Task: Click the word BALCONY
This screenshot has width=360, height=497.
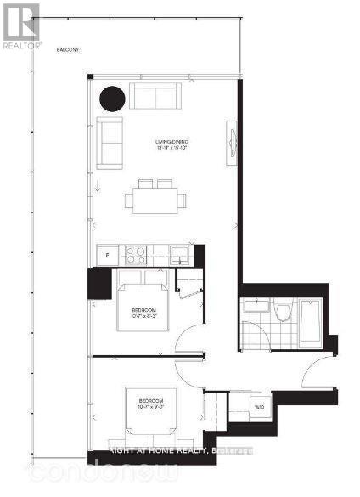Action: pos(69,50)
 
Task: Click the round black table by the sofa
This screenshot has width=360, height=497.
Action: pos(111,99)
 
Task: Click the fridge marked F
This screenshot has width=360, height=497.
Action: pos(106,254)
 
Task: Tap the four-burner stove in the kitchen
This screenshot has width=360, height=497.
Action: pos(135,253)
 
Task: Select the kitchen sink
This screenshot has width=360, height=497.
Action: pos(178,252)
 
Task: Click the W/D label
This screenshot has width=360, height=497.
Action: pos(259,407)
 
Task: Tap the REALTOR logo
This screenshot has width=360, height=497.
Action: pos(20,26)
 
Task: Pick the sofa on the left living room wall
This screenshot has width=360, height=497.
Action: pos(110,141)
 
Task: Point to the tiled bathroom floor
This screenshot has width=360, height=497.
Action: pos(255,336)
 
